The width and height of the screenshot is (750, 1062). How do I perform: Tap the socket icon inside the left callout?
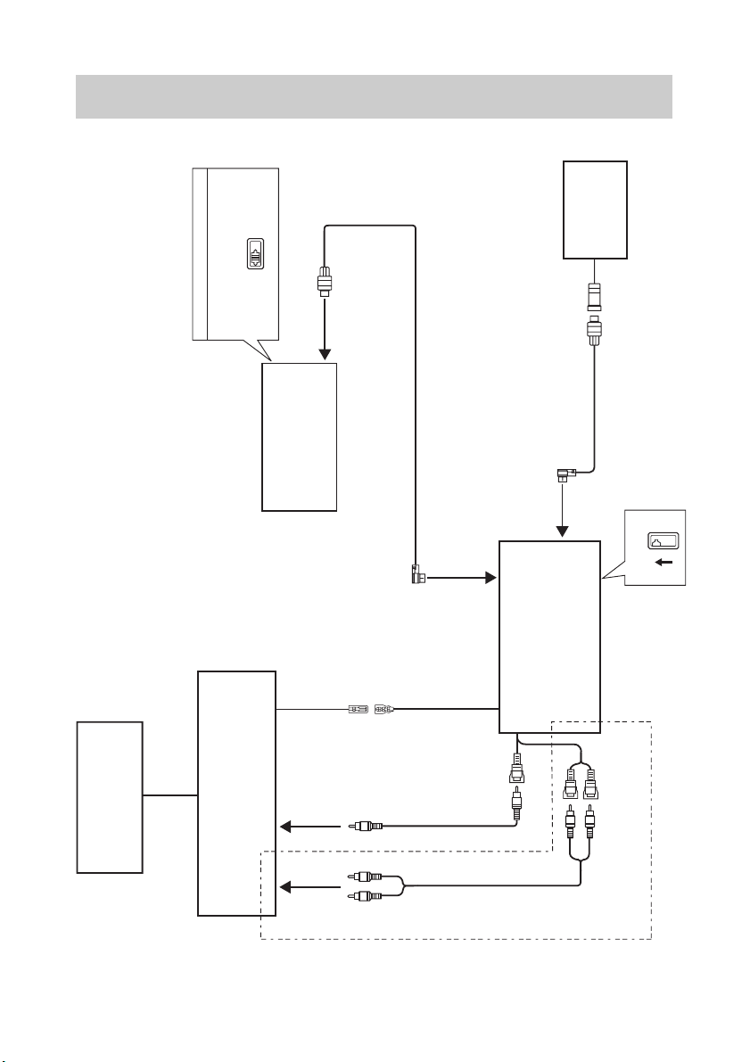pos(257,253)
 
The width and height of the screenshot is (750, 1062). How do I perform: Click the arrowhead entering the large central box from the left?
pos(490,578)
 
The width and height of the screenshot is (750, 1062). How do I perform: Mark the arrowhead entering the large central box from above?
pos(563,532)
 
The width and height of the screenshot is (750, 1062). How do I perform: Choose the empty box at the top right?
pos(595,210)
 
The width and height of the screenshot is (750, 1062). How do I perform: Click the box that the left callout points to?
pos(299,436)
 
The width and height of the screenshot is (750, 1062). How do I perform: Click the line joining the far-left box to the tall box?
pos(169,794)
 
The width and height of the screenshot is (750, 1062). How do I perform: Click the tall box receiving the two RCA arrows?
pos(236,794)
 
